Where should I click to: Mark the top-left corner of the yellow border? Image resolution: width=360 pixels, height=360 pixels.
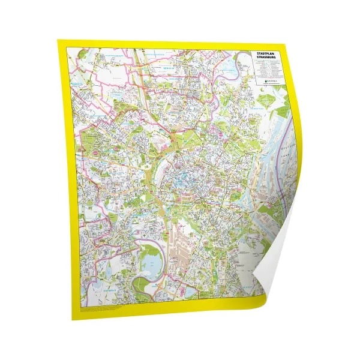[x=58, y=41]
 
